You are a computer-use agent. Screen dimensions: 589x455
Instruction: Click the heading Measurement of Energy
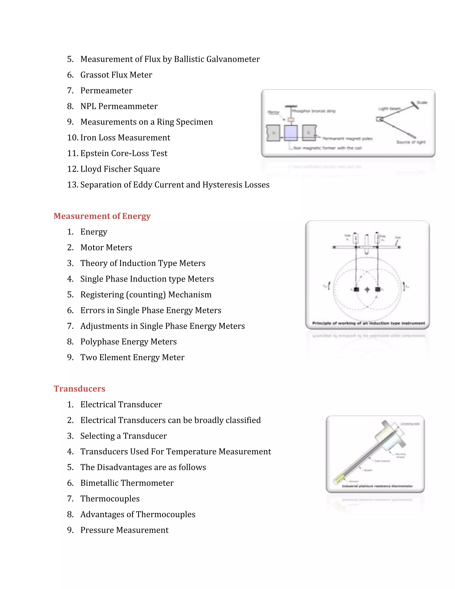click(x=102, y=216)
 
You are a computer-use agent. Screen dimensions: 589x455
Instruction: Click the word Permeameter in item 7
click(x=106, y=91)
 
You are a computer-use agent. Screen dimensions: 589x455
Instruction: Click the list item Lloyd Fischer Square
click(x=120, y=169)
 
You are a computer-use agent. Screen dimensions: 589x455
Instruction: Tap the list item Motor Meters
click(x=106, y=248)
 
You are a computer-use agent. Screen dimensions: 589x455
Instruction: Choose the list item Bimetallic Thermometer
click(x=127, y=483)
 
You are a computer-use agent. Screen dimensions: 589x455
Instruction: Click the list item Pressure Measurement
click(x=124, y=530)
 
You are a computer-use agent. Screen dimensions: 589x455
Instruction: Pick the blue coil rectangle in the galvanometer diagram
click(x=291, y=133)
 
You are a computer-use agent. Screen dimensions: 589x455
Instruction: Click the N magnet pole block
click(x=273, y=133)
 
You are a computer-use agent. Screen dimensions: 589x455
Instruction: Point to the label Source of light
click(x=411, y=142)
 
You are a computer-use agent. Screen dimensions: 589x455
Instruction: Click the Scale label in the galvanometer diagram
click(x=422, y=102)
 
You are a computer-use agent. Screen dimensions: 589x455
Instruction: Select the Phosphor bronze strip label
click(x=314, y=111)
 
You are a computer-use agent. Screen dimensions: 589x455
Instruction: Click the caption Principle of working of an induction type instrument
click(x=368, y=323)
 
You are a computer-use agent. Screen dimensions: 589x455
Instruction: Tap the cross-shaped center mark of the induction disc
click(x=367, y=290)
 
